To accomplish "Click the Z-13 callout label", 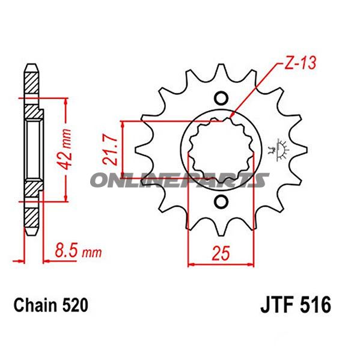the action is [x=300, y=63].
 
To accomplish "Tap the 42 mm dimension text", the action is [x=64, y=149].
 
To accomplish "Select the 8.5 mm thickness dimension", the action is [x=78, y=251].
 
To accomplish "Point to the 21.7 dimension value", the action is [x=110, y=149].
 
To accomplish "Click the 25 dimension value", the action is [x=221, y=254].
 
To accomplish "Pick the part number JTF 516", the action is [x=296, y=305].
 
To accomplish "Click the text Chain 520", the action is [x=50, y=305].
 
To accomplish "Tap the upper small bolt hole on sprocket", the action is [x=221, y=98].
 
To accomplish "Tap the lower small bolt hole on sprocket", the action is [x=221, y=201].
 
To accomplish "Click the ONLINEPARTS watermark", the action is [x=180, y=180].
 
